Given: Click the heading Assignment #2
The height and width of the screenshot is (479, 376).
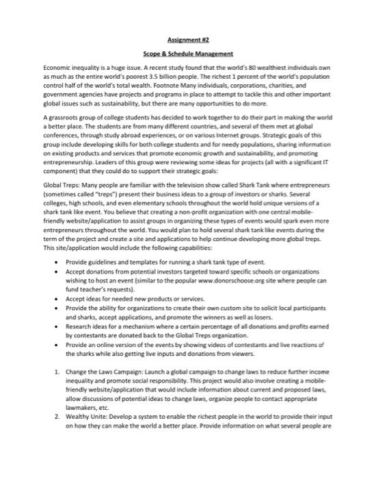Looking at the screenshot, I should [188, 41].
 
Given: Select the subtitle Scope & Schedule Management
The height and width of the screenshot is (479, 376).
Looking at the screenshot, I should [188, 53].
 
